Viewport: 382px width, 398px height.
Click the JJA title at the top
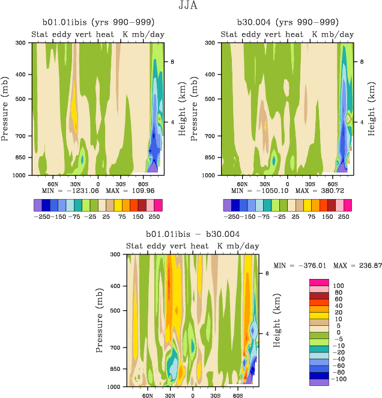point(190,7)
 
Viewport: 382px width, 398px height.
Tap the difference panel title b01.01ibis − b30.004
point(193,234)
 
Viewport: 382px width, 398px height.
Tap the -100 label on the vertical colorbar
point(340,380)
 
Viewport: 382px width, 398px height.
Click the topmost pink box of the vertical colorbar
point(319,282)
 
